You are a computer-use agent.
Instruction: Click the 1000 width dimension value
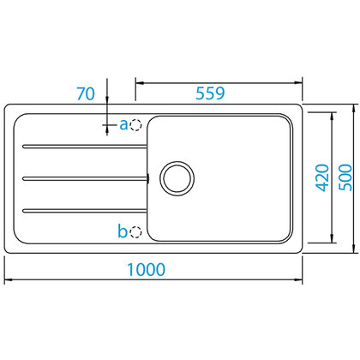[x=146, y=268]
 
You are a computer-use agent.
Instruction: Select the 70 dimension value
[x=85, y=94]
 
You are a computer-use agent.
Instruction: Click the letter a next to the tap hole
[x=123, y=125]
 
